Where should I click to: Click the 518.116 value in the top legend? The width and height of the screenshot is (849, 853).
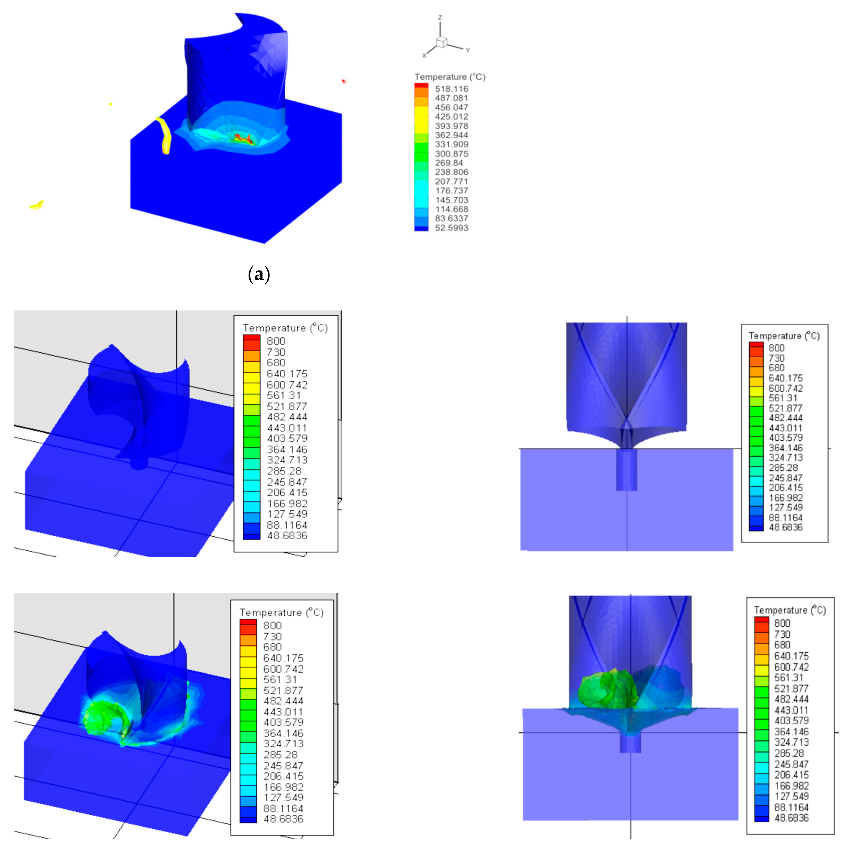pyautogui.click(x=451, y=89)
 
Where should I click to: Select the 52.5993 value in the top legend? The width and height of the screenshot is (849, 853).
pyautogui.click(x=451, y=228)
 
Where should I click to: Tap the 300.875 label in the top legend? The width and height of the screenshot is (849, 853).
pyautogui.click(x=451, y=154)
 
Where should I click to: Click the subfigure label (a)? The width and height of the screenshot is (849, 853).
pyautogui.click(x=259, y=275)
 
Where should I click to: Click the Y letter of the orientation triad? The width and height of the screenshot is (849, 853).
pyautogui.click(x=467, y=50)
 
